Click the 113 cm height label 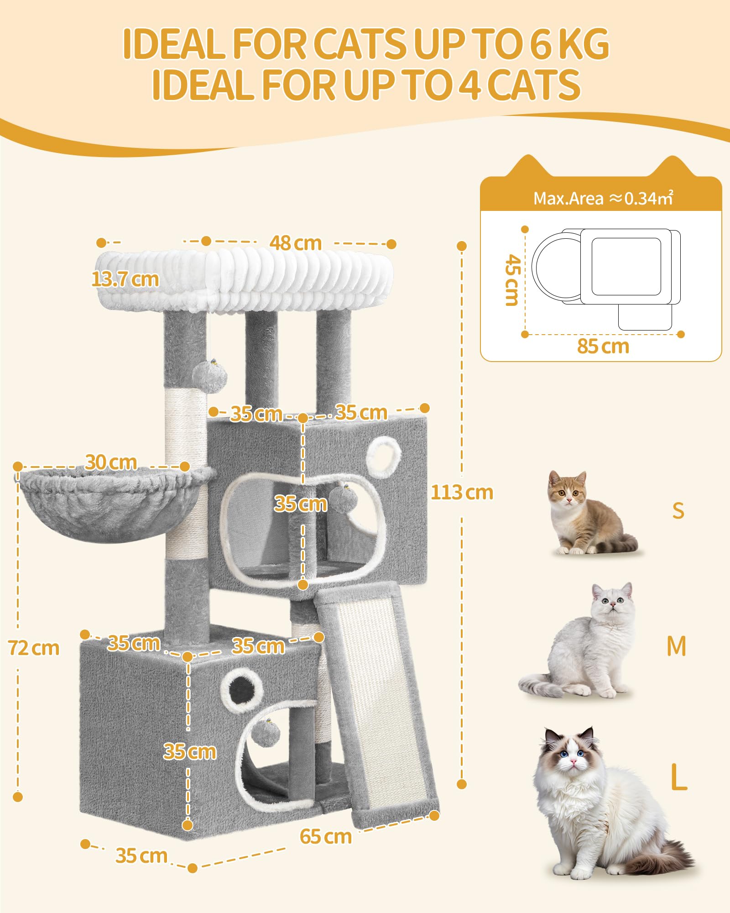coord(462,493)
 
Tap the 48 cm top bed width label coord(295,243)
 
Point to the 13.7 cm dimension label coord(125,279)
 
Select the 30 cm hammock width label coord(111,462)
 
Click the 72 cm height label coord(34,648)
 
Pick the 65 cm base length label coord(326,836)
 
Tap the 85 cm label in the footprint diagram coord(603,346)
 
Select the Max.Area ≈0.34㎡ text coord(603,198)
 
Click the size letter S coord(678,510)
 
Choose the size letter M coord(676,646)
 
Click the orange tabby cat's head coord(567,489)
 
